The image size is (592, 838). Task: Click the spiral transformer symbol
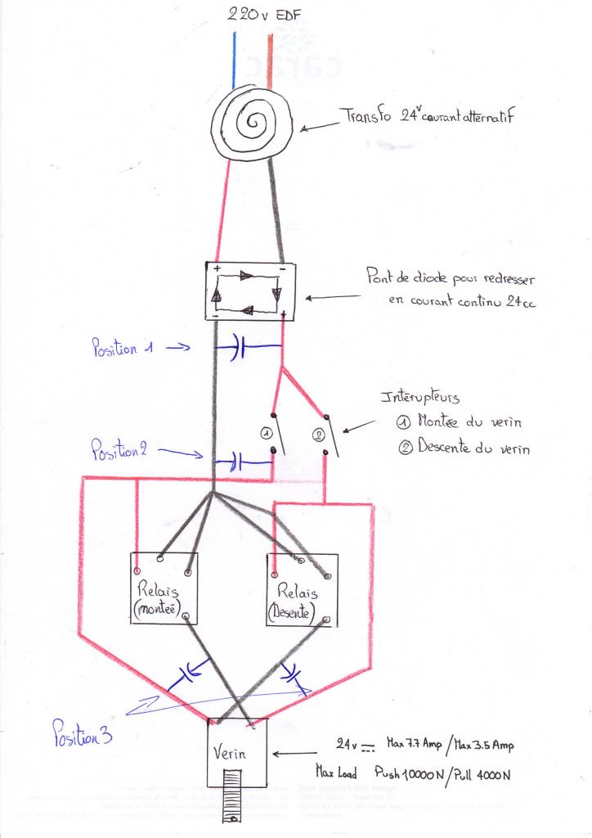point(253,124)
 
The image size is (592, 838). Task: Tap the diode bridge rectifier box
point(249,291)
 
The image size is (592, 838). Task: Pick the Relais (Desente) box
point(302,589)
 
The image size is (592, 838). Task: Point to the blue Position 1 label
point(123,348)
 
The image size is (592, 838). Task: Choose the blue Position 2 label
point(119,449)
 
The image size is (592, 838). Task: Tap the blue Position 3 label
point(82,730)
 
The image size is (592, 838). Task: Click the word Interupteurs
point(419,398)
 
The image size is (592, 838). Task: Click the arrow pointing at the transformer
point(320,126)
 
